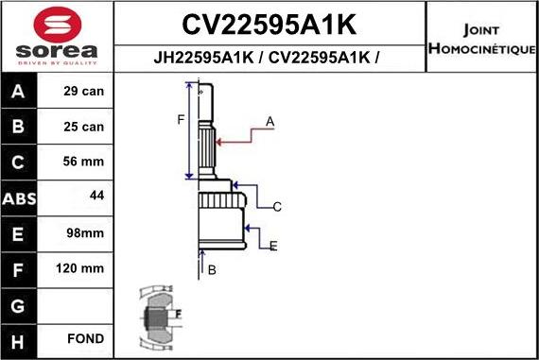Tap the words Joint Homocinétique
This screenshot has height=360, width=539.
tap(481, 38)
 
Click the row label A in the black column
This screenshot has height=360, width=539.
tap(19, 93)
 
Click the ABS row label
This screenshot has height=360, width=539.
tap(19, 197)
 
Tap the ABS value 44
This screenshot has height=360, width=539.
tap(96, 196)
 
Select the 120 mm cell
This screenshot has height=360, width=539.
tap(80, 268)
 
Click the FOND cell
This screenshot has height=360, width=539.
tap(85, 338)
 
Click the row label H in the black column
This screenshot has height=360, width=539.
tap(19, 338)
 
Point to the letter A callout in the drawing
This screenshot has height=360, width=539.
tap(269, 121)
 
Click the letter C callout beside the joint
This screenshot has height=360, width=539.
tap(277, 207)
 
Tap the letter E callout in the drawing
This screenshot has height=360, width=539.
tap(273, 247)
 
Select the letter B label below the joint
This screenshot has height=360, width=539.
tap(212, 270)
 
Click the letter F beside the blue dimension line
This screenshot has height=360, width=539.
tap(180, 119)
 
